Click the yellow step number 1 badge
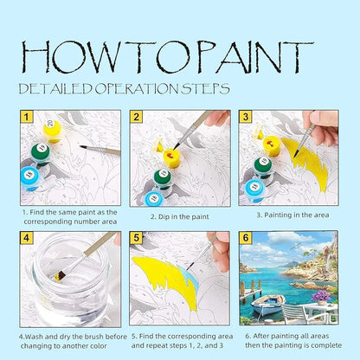point(27,117)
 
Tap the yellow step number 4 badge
point(27,238)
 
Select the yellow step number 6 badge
point(246,238)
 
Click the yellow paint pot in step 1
point(53,132)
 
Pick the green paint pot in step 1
point(41,154)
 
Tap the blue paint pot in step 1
point(30,178)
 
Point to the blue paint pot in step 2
point(154,198)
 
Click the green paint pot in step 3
point(264,167)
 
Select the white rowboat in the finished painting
point(267,305)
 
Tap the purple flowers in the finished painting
point(321,296)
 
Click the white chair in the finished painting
point(293,314)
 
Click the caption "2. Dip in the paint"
point(179,216)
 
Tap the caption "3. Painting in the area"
point(292,215)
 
